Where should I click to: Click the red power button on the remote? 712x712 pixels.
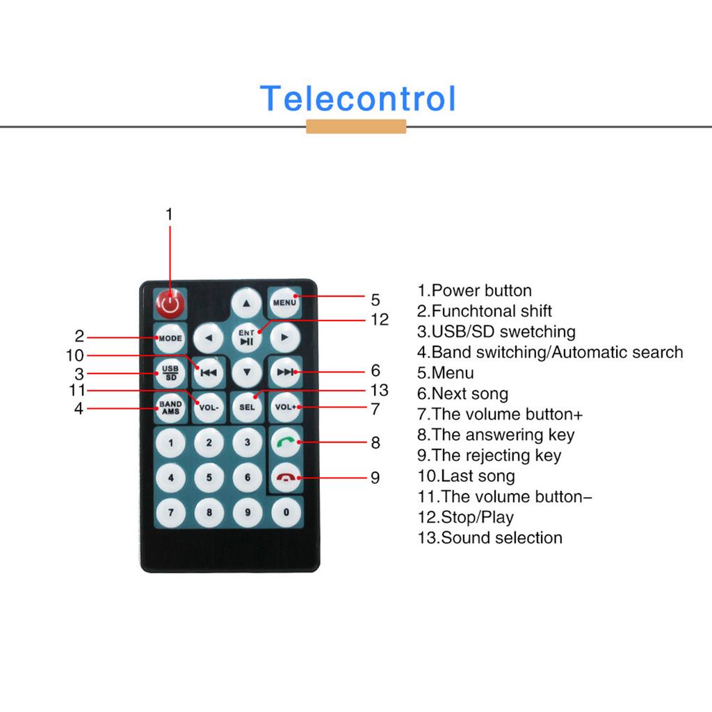coord(170,303)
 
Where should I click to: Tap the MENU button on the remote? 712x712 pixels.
coord(284,302)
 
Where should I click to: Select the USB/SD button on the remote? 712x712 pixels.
coord(170,372)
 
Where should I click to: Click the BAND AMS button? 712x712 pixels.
coord(170,407)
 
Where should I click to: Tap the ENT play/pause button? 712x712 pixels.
coord(247,337)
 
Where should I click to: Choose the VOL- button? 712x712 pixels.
coord(209,407)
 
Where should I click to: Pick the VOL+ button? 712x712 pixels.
coord(285,407)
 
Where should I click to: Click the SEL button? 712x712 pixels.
coord(247,407)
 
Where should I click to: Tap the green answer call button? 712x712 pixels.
coord(285,442)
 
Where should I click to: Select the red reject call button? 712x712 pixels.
coord(285,478)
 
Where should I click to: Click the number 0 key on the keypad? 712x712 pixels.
coord(285,513)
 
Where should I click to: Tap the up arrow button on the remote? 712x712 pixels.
coord(246,302)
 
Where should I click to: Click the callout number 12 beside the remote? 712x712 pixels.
coord(379,320)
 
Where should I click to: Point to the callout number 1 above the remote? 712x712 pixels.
coord(169,214)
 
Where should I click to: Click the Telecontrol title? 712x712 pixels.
coord(358,99)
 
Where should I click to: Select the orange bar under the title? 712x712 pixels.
coord(356,127)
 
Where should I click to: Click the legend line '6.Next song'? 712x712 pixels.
coord(462,394)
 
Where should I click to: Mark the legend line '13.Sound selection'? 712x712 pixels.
coord(489,537)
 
